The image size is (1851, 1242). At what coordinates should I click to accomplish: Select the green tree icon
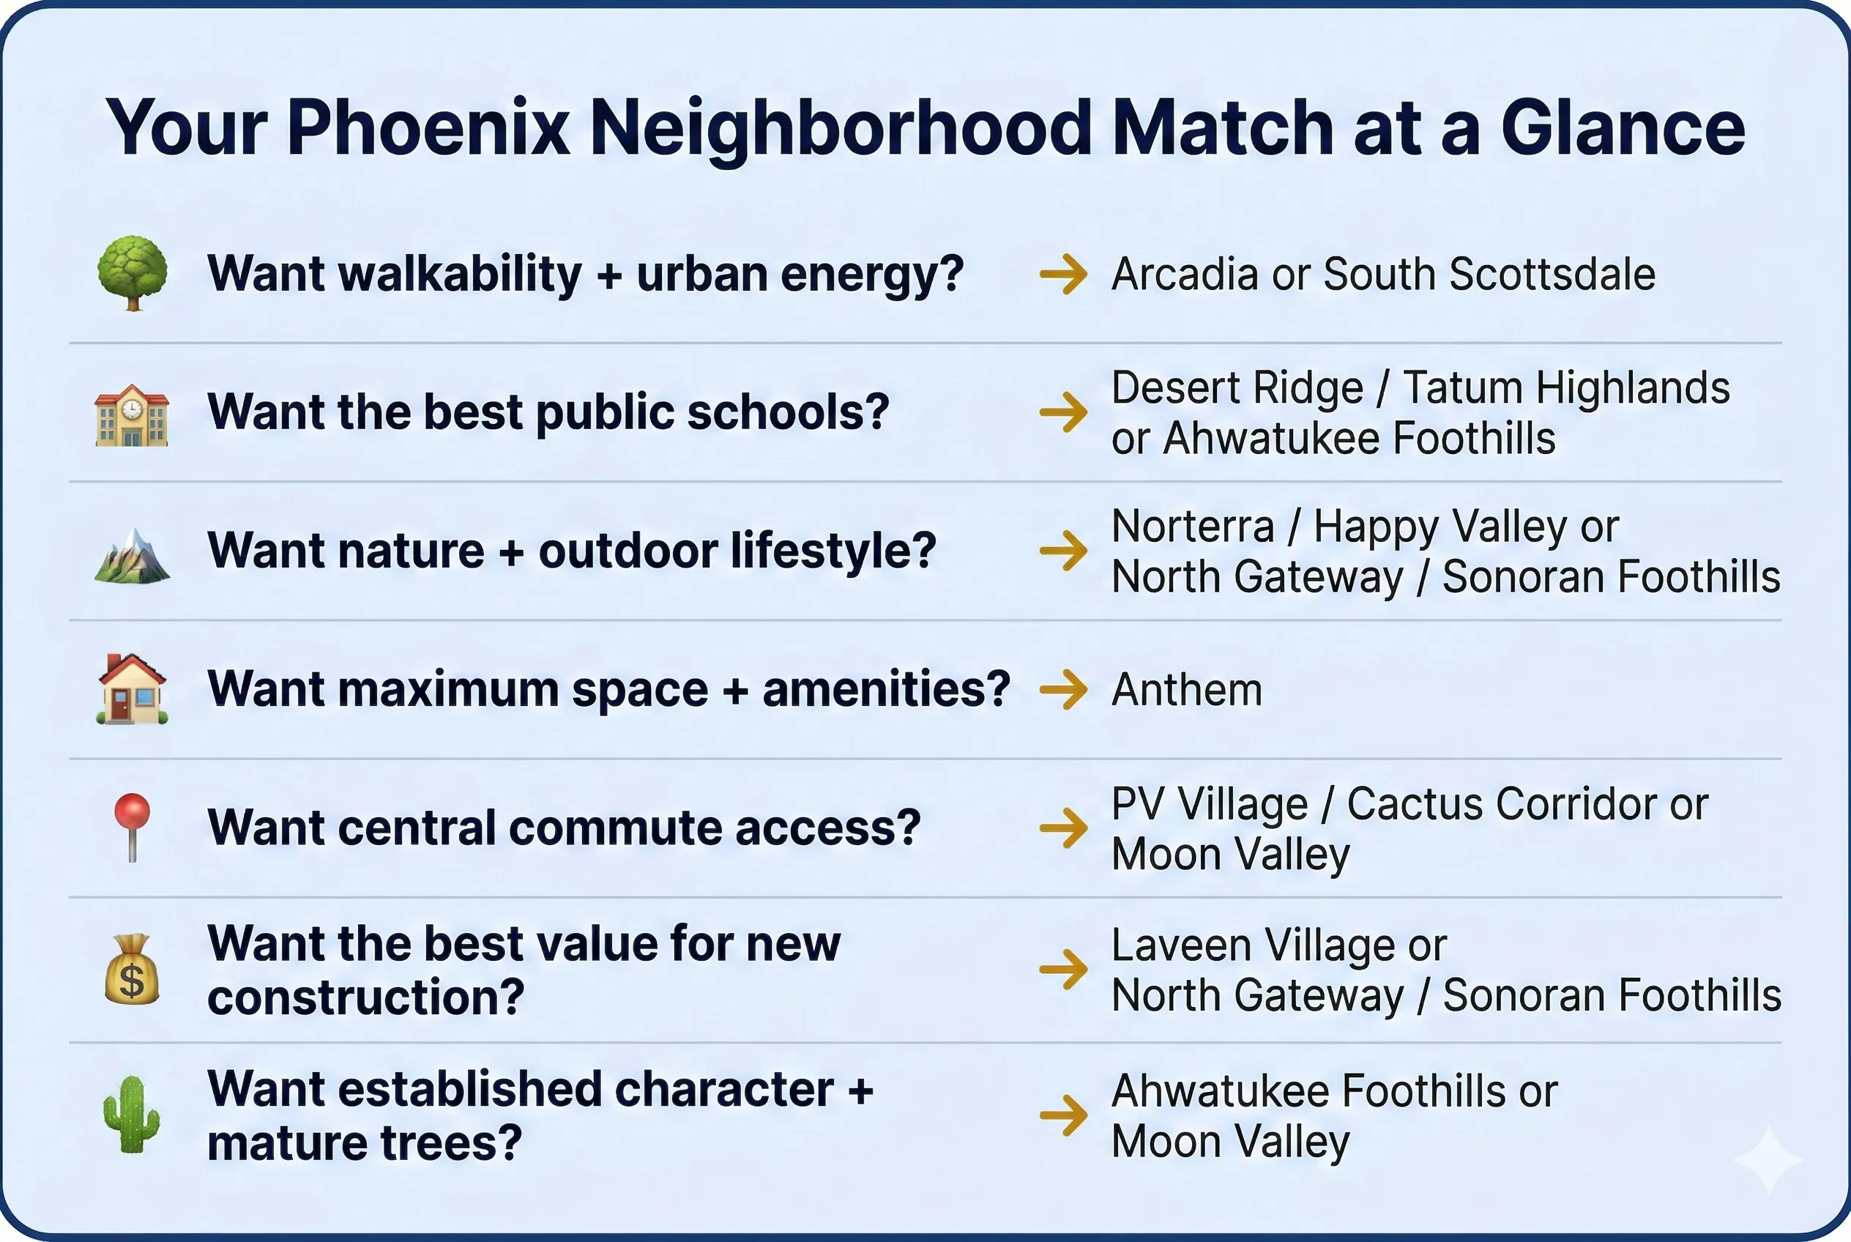(133, 272)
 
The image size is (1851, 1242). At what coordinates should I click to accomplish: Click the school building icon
(132, 415)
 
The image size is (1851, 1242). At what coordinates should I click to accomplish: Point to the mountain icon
(132, 555)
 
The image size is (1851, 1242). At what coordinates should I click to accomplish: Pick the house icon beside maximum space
(132, 688)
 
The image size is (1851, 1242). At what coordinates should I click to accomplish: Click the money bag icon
(132, 970)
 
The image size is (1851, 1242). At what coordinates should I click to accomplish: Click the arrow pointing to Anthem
(1064, 689)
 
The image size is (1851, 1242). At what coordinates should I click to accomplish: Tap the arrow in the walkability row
(1064, 274)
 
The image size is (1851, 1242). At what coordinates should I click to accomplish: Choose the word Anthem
(1186, 690)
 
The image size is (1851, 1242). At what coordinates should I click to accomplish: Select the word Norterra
(1193, 526)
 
